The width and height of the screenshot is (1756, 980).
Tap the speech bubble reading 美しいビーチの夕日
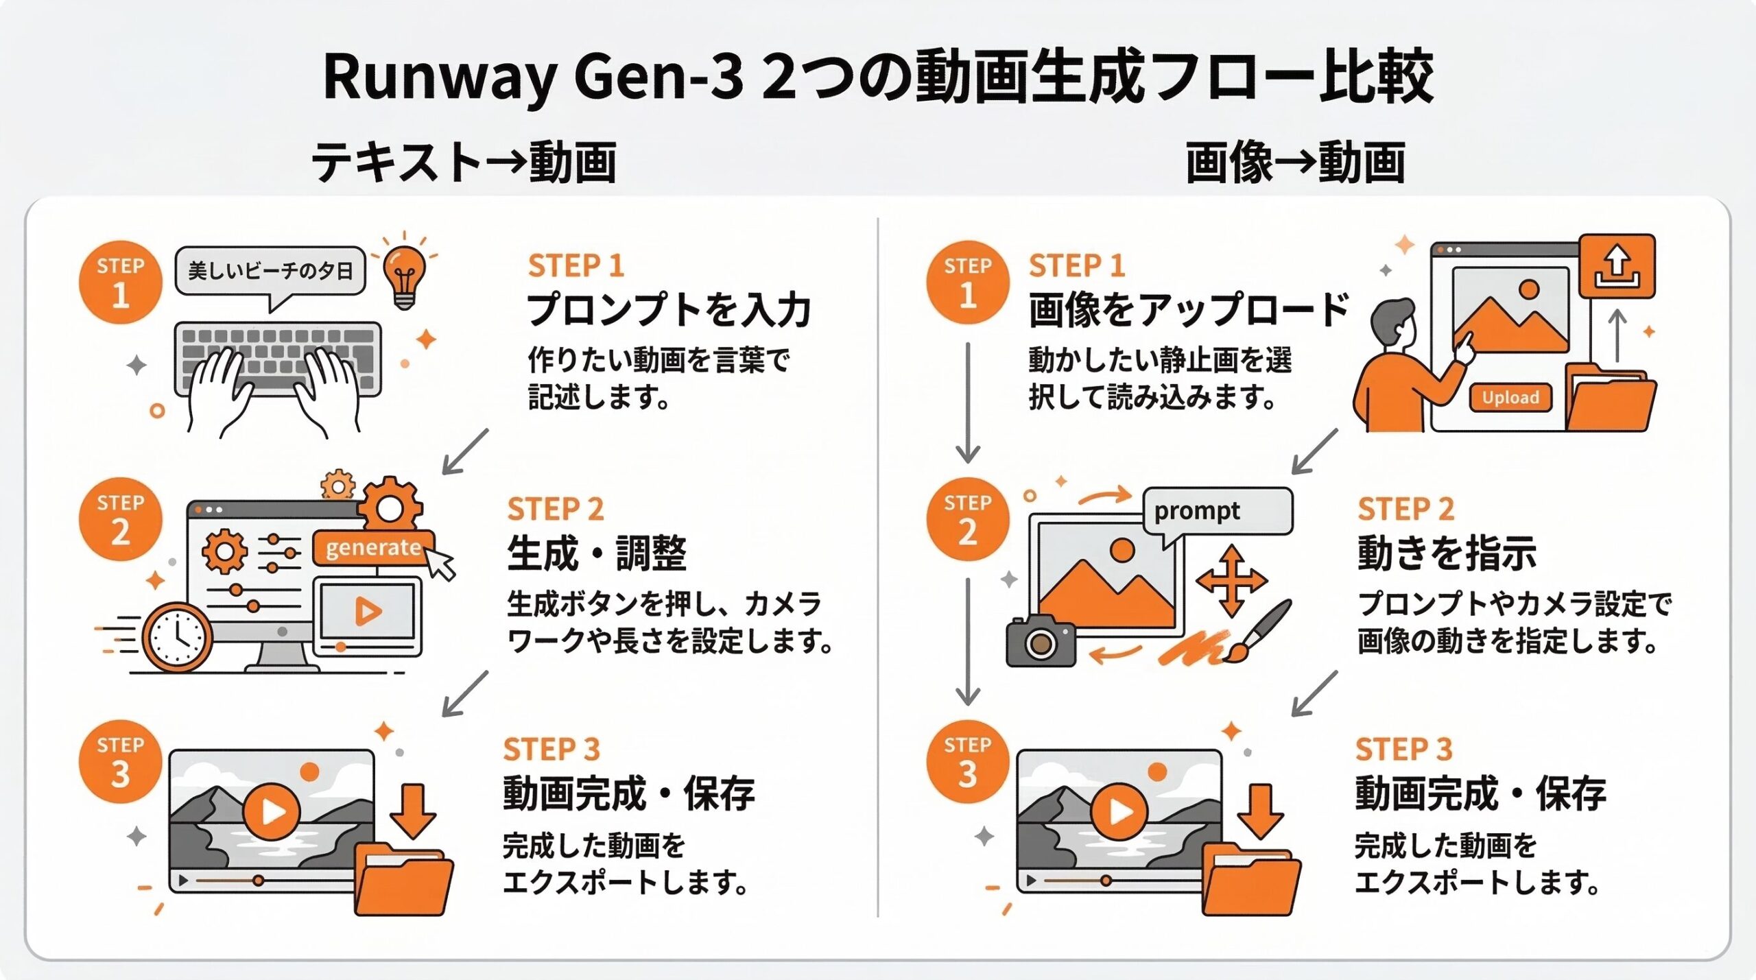point(270,271)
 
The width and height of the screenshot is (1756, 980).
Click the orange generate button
point(373,547)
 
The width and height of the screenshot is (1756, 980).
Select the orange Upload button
point(1510,398)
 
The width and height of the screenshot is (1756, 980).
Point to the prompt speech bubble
point(1218,511)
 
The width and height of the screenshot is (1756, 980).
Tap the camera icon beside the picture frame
point(1040,641)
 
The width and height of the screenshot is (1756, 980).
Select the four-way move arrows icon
point(1231,581)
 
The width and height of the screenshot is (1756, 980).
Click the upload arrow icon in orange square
point(1617,267)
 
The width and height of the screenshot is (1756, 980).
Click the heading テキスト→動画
point(464,163)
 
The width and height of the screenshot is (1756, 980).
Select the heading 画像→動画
point(1295,163)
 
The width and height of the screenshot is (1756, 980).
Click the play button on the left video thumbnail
point(272,812)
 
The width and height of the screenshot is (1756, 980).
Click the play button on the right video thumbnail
point(1119,812)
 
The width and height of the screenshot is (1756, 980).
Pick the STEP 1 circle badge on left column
point(121,282)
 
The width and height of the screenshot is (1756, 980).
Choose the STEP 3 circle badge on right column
point(967,761)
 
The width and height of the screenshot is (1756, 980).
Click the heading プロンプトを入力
point(669,310)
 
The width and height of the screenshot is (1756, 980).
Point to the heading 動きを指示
point(1447,553)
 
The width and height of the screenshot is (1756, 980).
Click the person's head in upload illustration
point(1392,322)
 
